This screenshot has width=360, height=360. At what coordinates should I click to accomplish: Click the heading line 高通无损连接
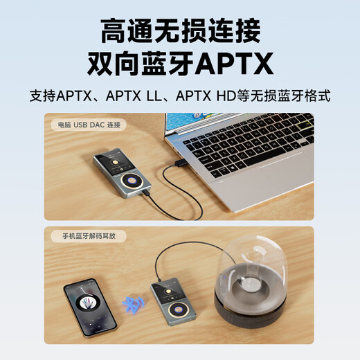[x=179, y=30]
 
